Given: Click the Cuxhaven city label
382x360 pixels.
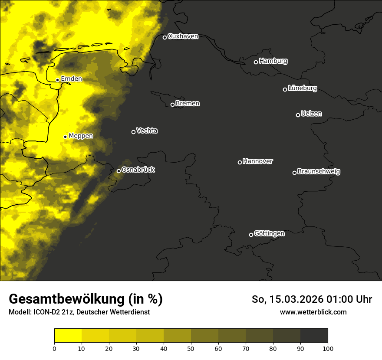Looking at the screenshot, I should (183, 36).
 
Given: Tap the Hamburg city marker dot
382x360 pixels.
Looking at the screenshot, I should (256, 62).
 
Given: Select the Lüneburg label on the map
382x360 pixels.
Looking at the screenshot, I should (302, 88).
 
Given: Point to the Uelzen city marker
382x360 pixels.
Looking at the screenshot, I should (298, 115).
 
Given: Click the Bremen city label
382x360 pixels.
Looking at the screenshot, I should (188, 104).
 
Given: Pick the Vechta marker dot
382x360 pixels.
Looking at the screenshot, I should (133, 132).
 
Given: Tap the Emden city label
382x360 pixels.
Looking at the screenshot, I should (71, 79).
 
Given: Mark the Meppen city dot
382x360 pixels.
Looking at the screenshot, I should (65, 137).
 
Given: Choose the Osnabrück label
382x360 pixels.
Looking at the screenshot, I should (138, 170).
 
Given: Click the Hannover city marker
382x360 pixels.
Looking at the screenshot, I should (240, 162).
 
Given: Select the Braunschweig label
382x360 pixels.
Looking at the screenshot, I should (319, 172).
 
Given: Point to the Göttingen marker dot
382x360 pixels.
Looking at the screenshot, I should (251, 235).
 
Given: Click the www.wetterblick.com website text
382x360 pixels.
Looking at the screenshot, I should (313, 312).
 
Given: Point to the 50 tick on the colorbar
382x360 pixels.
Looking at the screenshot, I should (191, 348).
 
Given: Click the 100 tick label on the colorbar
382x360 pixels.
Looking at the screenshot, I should (328, 348).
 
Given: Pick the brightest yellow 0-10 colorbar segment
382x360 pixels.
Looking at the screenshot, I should (68, 336).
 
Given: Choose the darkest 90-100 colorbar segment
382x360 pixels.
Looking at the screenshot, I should (314, 336).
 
